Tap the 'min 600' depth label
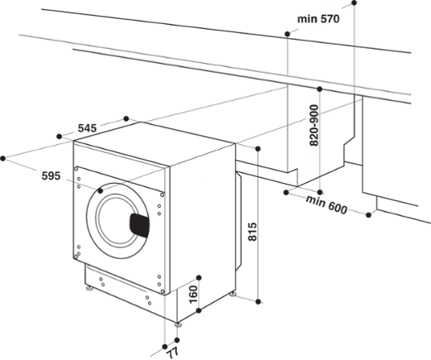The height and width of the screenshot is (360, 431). [326, 209]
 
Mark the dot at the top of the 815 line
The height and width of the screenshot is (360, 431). [259, 148]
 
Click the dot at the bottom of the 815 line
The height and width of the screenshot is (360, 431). [259, 301]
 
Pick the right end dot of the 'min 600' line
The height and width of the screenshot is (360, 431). [370, 214]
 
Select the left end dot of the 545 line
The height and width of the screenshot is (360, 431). [58, 137]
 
